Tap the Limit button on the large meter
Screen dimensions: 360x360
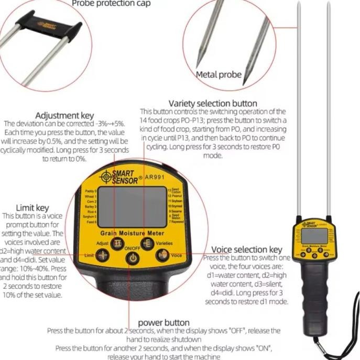pyautogui.click(x=103, y=255)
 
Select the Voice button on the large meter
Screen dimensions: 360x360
pyautogui.click(x=164, y=255)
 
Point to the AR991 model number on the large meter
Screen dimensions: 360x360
pyautogui.click(x=155, y=177)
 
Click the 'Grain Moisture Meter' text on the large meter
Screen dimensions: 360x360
pyautogui.click(x=132, y=233)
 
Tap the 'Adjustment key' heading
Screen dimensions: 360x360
pyautogui.click(x=64, y=115)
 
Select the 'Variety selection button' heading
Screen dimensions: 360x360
pyautogui.click(x=213, y=103)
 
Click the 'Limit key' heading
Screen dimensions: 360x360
pyautogui.click(x=32, y=208)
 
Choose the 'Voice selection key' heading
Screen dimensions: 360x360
pyautogui.click(x=246, y=249)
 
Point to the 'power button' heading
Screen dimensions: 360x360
pyautogui.click(x=163, y=322)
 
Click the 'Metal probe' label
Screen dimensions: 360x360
pyautogui.click(x=219, y=74)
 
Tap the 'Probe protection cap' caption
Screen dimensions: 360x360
pyautogui.click(x=111, y=4)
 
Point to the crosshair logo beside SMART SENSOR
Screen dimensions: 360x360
pyautogui.click(x=105, y=176)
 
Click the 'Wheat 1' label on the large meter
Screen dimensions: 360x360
pyautogui.click(x=91, y=197)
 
